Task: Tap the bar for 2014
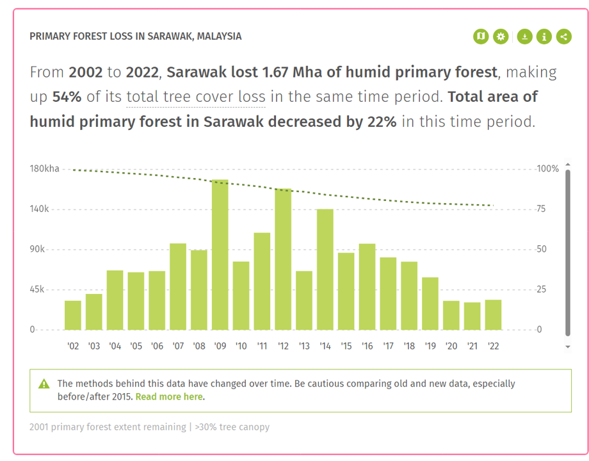coord(325,270)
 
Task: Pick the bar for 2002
coord(73,315)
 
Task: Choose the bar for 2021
coord(472,316)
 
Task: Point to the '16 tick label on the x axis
coord(367,346)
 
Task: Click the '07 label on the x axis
coord(178,346)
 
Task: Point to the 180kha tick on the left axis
coord(44,169)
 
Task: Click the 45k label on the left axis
coord(36,289)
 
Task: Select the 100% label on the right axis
coord(548,169)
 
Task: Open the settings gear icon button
coord(501,36)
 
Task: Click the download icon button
coord(524,36)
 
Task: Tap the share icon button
coord(564,36)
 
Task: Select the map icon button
coord(481,36)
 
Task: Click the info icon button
coord(544,36)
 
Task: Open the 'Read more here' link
coord(169,397)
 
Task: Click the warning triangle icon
coord(44,384)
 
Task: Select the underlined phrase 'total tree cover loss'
coord(196,97)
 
